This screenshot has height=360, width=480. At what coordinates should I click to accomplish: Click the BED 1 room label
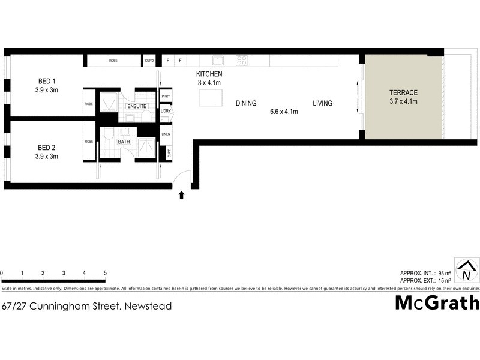pyautogui.click(x=46, y=82)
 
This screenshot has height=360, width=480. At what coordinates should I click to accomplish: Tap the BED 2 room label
pyautogui.click(x=46, y=148)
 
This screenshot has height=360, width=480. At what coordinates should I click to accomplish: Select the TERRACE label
pyautogui.click(x=403, y=93)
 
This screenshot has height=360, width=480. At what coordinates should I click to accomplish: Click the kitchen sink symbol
pyautogui.click(x=220, y=60)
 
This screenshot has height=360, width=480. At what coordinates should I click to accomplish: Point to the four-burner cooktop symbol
pyautogui.click(x=242, y=60)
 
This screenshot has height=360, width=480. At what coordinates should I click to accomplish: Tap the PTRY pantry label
pyautogui.click(x=166, y=97)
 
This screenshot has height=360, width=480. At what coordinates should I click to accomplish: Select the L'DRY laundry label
pyautogui.click(x=166, y=111)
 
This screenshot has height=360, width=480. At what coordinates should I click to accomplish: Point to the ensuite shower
pyautogui.click(x=109, y=102)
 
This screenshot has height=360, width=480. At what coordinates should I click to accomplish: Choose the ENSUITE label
pyautogui.click(x=137, y=106)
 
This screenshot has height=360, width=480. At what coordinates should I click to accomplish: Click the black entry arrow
pyautogui.click(x=181, y=195)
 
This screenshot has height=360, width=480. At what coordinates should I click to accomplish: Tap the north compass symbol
pyautogui.click(x=466, y=271)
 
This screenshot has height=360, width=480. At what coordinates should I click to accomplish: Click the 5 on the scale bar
pyautogui.click(x=105, y=273)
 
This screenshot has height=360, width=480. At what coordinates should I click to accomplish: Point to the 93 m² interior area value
pyautogui.click(x=445, y=273)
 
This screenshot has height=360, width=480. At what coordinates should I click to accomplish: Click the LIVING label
pyautogui.click(x=322, y=104)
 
